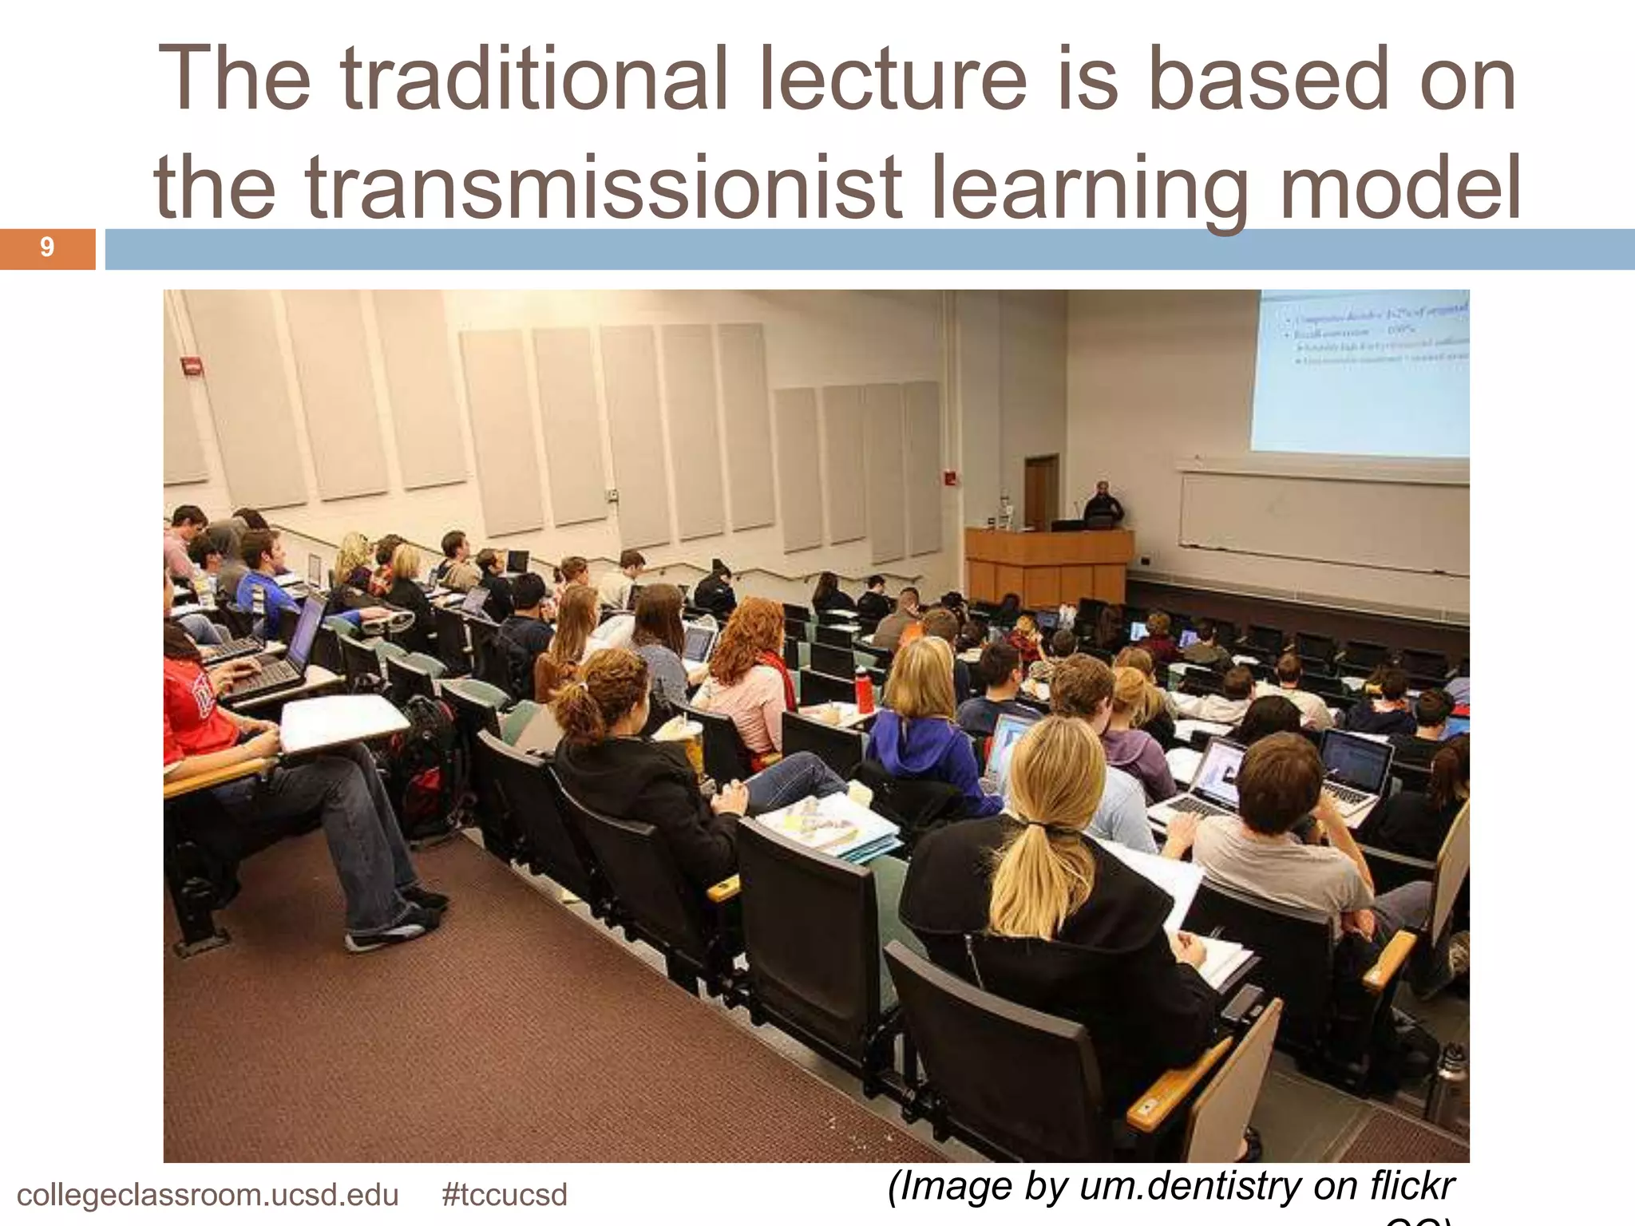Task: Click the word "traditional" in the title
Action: (x=533, y=80)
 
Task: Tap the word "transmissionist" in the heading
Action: (x=604, y=188)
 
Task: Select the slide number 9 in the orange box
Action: (x=47, y=247)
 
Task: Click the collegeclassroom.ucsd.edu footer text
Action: (x=208, y=1195)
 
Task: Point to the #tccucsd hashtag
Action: (x=505, y=1195)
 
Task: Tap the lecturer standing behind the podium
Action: (x=1103, y=504)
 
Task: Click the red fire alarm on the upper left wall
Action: (x=192, y=366)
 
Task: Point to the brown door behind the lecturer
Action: (x=1041, y=491)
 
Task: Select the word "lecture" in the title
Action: (x=893, y=80)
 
